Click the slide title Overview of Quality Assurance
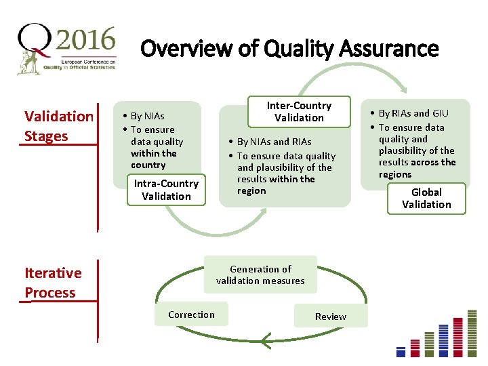(289, 49)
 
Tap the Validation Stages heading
(59, 126)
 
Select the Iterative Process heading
(53, 283)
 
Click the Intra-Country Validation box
(166, 190)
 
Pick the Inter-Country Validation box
(299, 112)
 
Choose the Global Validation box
(426, 199)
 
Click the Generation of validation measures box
(260, 274)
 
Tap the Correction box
(191, 314)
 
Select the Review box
(331, 317)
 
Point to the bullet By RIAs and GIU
(413, 113)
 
